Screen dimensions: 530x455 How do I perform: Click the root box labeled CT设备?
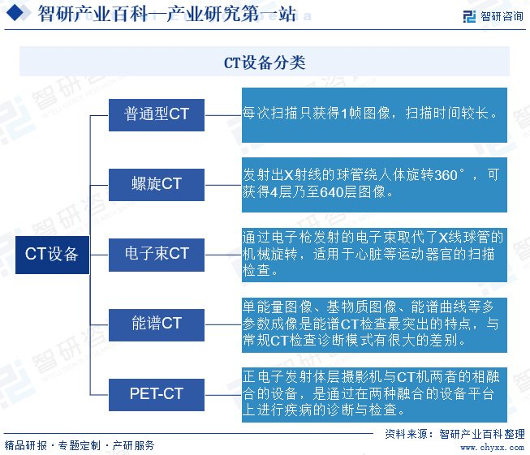[x=51, y=254]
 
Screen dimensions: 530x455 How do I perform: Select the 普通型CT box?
[x=157, y=114]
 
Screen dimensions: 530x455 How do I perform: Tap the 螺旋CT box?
[x=157, y=184]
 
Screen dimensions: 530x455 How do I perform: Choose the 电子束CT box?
[x=157, y=254]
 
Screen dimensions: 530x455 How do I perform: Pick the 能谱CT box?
[x=157, y=324]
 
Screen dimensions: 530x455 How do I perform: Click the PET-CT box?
[x=157, y=394]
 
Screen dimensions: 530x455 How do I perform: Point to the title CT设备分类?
[x=265, y=62]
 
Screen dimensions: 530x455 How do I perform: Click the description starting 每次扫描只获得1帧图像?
[x=374, y=114]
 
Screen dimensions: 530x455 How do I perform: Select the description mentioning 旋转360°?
[x=374, y=184]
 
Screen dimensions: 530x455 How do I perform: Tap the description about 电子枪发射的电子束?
[x=374, y=254]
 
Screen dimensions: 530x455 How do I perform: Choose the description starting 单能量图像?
[x=374, y=324]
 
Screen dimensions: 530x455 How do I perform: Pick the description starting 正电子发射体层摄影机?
[x=374, y=394]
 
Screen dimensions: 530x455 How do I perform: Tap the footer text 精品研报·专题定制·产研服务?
[x=80, y=445]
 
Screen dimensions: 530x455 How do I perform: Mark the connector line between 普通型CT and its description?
[x=222, y=114]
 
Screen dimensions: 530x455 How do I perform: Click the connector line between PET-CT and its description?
[x=222, y=394]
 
